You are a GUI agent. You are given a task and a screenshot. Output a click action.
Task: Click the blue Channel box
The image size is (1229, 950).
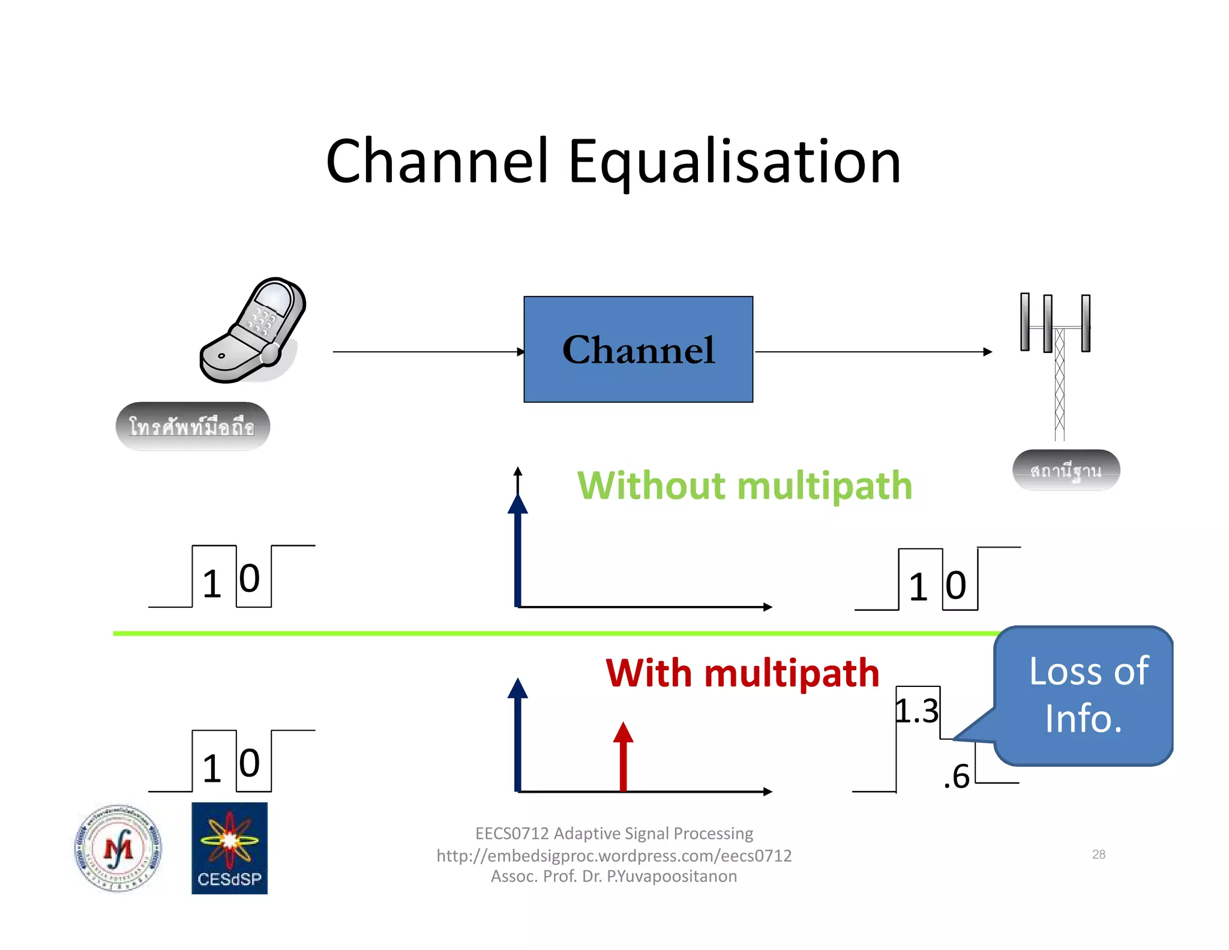638,349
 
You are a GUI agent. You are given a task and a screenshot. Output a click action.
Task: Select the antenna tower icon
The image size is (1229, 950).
1056,360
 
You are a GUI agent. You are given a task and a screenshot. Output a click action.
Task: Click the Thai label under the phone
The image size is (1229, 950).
193,427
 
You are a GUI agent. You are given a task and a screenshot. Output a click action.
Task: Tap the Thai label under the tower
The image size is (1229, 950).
1066,471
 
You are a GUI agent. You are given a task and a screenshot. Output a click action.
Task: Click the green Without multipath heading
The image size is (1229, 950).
744,485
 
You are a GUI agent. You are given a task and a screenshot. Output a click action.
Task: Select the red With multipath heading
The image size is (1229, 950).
742,673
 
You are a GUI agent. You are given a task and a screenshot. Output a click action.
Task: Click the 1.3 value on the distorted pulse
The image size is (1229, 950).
916,712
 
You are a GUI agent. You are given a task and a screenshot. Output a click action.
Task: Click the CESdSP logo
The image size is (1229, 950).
229,848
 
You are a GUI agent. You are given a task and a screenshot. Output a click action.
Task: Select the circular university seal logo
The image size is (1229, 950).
118,848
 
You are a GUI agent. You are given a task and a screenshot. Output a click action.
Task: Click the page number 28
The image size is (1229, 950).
1098,854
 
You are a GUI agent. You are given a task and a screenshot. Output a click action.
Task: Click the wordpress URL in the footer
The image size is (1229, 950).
614,855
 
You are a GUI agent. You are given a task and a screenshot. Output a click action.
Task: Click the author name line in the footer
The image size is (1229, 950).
614,876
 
